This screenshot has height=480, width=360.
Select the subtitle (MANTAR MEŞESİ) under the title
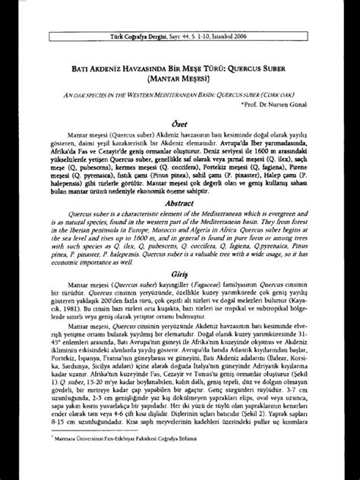(x=180, y=55)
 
